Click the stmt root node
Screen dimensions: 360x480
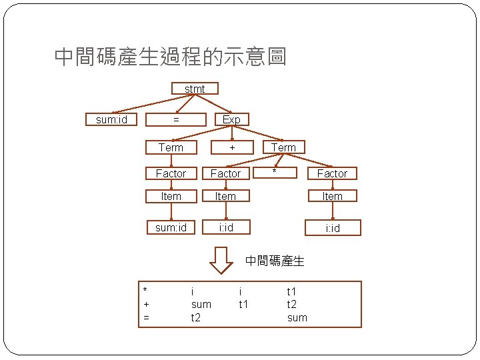click(x=195, y=89)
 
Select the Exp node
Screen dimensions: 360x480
click(x=231, y=119)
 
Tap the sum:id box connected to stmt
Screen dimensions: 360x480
click(x=111, y=119)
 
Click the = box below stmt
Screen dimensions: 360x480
click(x=176, y=119)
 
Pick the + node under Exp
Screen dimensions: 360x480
click(x=231, y=147)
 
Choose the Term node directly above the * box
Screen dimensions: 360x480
click(x=283, y=147)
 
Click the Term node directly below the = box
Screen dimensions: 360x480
click(x=171, y=147)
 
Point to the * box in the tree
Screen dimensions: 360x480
click(x=274, y=173)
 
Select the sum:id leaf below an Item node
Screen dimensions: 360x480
click(x=171, y=227)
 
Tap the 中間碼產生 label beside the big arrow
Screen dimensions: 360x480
click(x=275, y=261)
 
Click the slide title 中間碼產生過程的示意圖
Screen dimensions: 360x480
click(x=170, y=57)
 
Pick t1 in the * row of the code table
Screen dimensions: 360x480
click(x=291, y=291)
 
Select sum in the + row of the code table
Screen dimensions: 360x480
click(x=201, y=305)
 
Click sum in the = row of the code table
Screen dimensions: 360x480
click(x=297, y=318)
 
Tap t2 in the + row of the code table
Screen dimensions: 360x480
click(x=292, y=305)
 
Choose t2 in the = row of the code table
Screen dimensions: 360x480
click(x=196, y=318)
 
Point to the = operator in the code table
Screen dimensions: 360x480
click(x=146, y=318)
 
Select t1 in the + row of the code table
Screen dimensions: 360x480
click(x=243, y=305)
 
